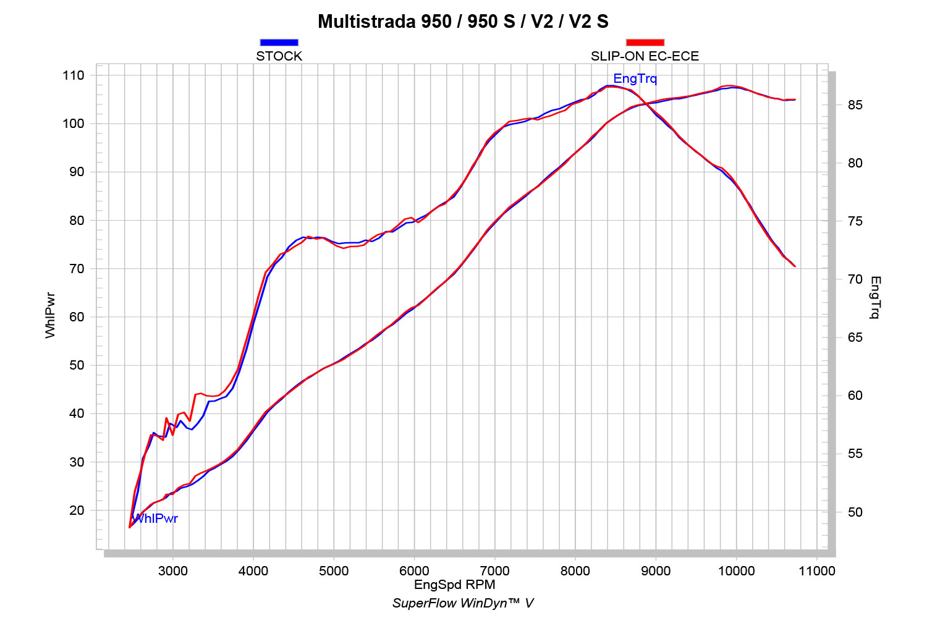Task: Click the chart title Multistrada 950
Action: pyautogui.click(x=463, y=22)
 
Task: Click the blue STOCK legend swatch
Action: pyautogui.click(x=279, y=43)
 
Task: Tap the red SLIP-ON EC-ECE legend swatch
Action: pyautogui.click(x=645, y=43)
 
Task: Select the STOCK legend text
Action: pyautogui.click(x=279, y=56)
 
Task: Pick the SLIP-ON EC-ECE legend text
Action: pyautogui.click(x=645, y=56)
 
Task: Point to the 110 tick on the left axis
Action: pyautogui.click(x=73, y=75)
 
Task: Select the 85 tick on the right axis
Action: pyautogui.click(x=855, y=105)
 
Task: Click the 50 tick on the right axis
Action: pyautogui.click(x=855, y=512)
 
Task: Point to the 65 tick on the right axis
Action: pyautogui.click(x=855, y=337)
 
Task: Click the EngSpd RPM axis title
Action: pyautogui.click(x=454, y=585)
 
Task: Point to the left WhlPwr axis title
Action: pyautogui.click(x=51, y=315)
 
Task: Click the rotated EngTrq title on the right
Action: pyautogui.click(x=875, y=298)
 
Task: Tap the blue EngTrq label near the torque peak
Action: pyautogui.click(x=635, y=79)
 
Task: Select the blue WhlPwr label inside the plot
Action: pyautogui.click(x=156, y=519)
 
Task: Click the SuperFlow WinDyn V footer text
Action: pyautogui.click(x=463, y=603)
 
